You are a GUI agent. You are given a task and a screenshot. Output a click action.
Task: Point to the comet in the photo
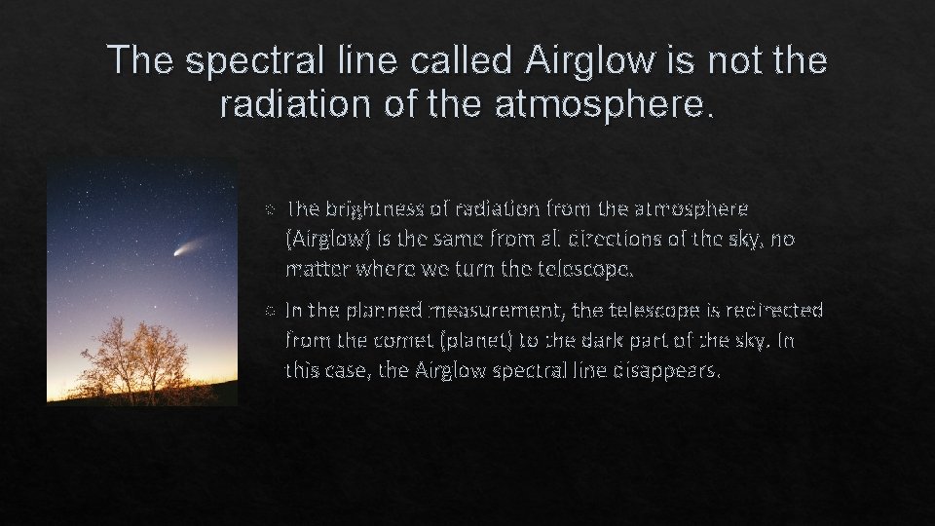coord(182,250)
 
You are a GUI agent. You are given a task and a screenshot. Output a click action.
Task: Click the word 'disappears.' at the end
coord(673,371)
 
